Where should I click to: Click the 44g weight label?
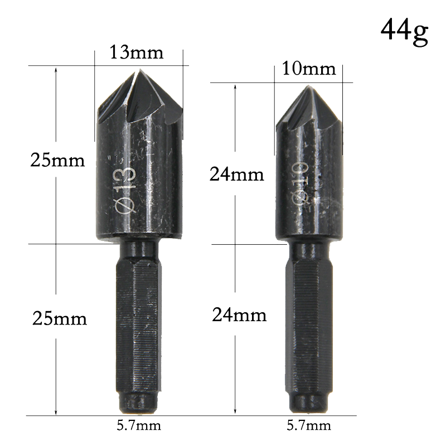pyautogui.click(x=404, y=31)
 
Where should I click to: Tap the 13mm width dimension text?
pyautogui.click(x=137, y=52)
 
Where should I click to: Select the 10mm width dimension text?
pyautogui.click(x=309, y=69)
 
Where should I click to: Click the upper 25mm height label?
pyautogui.click(x=57, y=161)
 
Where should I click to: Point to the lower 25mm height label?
pyautogui.click(x=60, y=318)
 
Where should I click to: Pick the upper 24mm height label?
pyautogui.click(x=237, y=174)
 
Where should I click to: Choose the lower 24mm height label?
pyautogui.click(x=239, y=315)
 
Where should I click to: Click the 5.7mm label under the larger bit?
pyautogui.click(x=139, y=426)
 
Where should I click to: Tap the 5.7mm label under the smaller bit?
pyautogui.click(x=309, y=426)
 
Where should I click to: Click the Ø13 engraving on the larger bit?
pyautogui.click(x=124, y=190)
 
